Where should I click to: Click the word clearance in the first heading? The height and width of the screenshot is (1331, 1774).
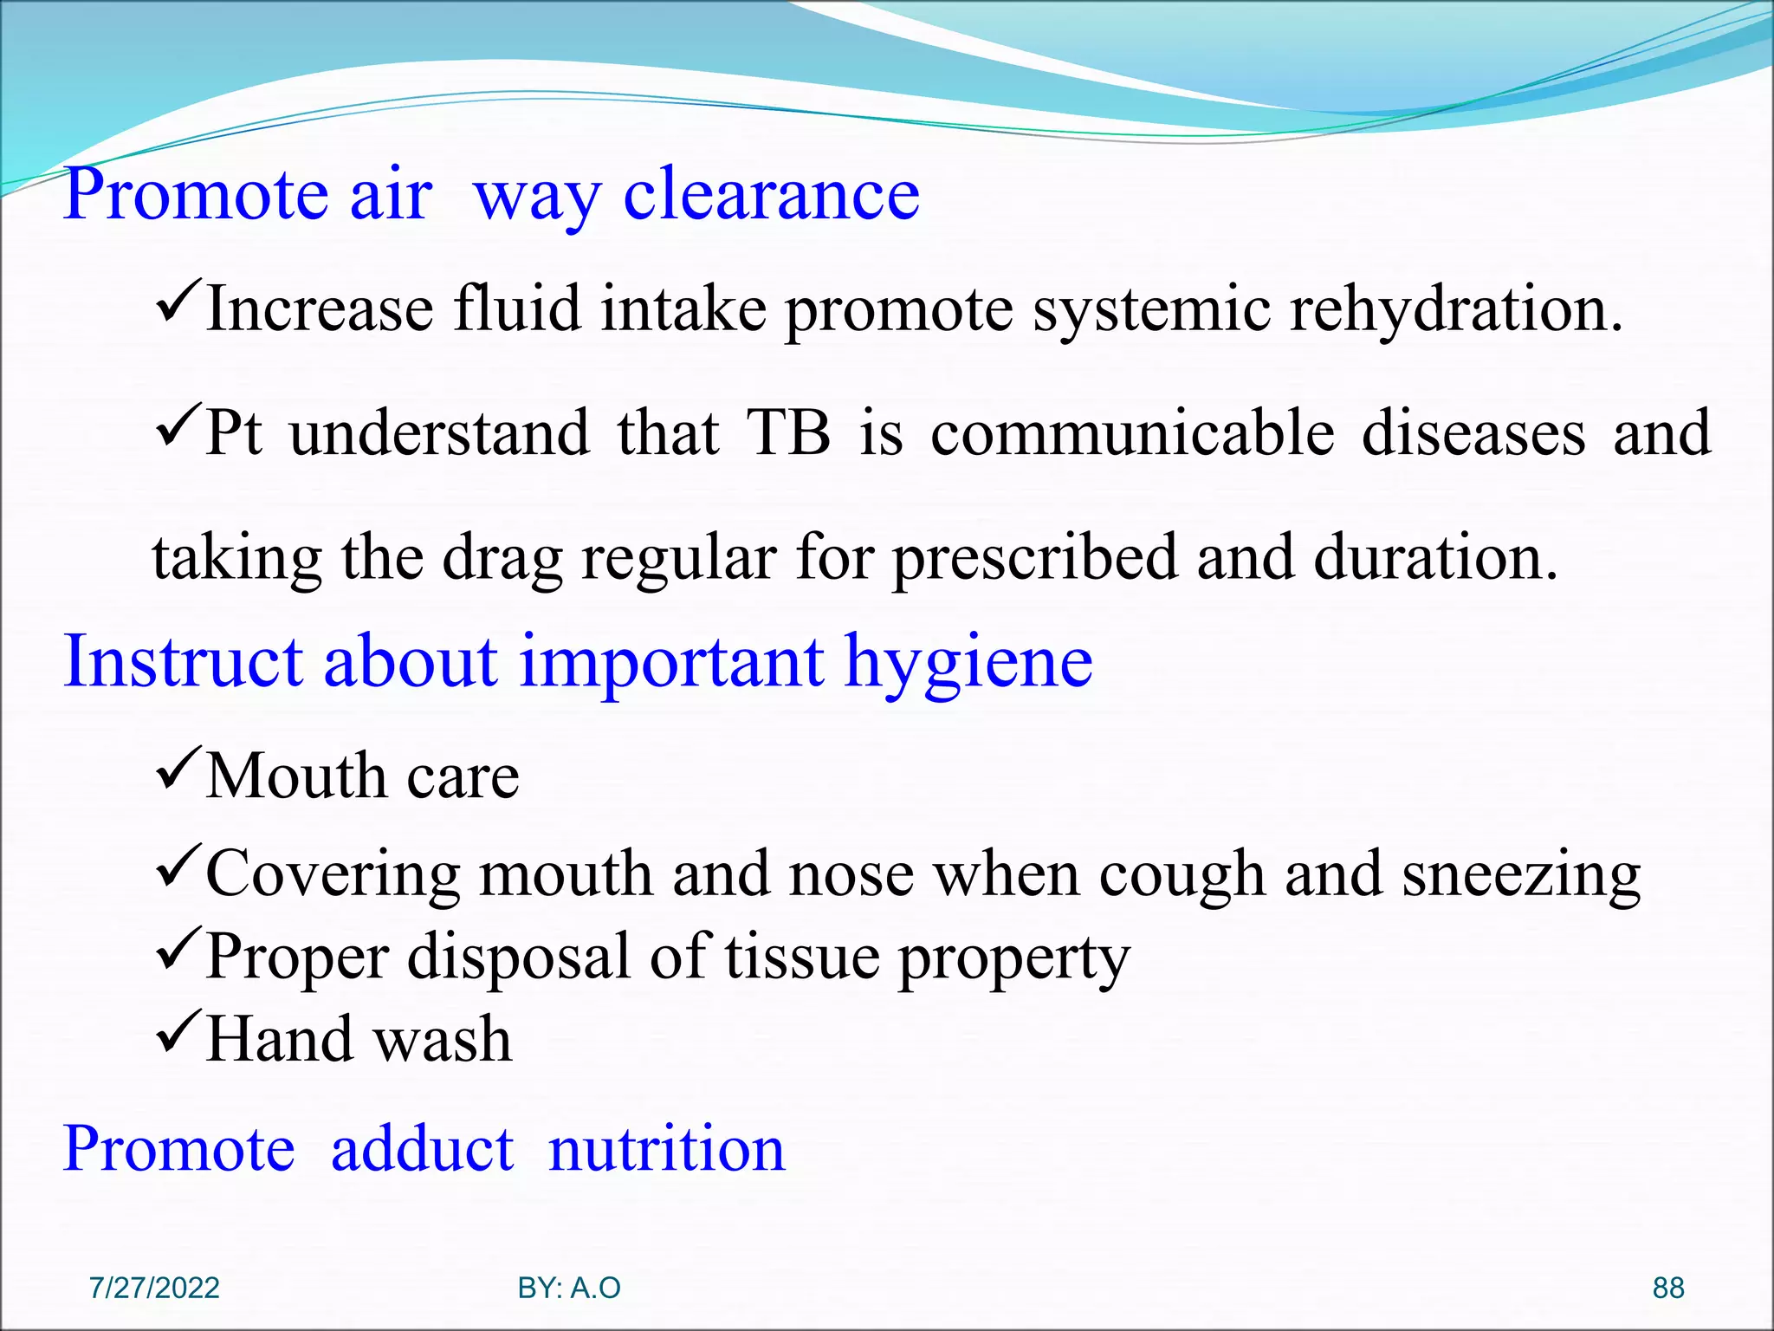[x=771, y=195]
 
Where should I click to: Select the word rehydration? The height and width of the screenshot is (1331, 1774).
[x=1455, y=309]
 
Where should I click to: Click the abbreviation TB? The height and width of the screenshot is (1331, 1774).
[x=788, y=432]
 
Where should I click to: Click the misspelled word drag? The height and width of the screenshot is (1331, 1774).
[x=502, y=559]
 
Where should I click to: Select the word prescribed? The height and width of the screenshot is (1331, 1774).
[x=1034, y=559]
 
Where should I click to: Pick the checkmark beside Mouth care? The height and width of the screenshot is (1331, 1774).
[x=178, y=767]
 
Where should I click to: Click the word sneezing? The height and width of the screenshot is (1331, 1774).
[x=1520, y=875]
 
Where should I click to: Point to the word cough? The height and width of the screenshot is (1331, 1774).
[x=1182, y=875]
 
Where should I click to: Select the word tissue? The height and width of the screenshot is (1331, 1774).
[x=801, y=958]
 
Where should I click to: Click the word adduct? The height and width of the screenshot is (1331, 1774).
[x=422, y=1149]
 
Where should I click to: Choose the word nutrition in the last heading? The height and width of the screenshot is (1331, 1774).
[x=666, y=1149]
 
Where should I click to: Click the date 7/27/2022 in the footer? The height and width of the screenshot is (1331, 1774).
[x=154, y=1288]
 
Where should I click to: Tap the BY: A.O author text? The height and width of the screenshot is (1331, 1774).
[x=569, y=1288]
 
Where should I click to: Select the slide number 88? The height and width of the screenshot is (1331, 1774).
[x=1667, y=1288]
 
